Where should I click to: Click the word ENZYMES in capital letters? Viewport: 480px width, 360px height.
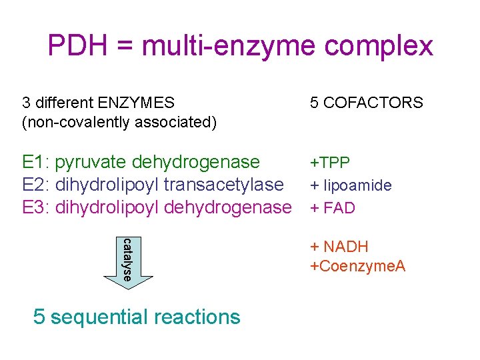click(x=136, y=103)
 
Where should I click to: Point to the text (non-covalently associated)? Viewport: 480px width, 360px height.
click(x=119, y=122)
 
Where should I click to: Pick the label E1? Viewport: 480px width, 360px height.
click(x=36, y=162)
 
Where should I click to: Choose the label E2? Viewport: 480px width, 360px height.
click(x=36, y=185)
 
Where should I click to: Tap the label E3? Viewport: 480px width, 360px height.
click(x=36, y=207)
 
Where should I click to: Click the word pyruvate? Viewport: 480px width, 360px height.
click(x=92, y=162)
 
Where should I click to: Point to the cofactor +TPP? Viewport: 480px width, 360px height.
click(x=330, y=163)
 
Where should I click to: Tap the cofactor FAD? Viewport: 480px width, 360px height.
click(x=340, y=208)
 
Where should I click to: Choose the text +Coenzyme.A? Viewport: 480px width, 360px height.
click(x=358, y=266)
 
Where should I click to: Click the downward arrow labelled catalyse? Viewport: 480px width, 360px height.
click(x=127, y=263)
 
